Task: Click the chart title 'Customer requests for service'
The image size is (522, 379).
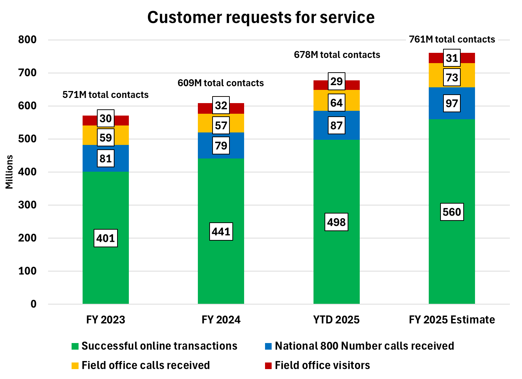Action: [261, 17]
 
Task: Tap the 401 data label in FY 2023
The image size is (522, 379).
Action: [106, 238]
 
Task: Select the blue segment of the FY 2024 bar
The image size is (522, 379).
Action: [206, 146]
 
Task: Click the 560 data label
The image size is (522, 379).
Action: [452, 212]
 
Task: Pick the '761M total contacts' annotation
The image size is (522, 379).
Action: [452, 39]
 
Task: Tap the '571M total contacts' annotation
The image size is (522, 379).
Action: [105, 95]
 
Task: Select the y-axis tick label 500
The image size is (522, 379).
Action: [27, 139]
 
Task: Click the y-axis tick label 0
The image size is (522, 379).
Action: [33, 304]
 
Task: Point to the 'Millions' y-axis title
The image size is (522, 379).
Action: [9, 172]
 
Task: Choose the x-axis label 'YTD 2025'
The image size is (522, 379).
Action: [336, 320]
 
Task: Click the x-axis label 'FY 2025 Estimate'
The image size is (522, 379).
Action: [452, 320]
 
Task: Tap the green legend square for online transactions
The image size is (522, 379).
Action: [75, 346]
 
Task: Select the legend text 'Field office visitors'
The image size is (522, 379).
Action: [322, 365]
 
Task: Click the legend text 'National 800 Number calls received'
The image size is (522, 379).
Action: [364, 346]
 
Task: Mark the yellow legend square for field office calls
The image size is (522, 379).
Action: [75, 366]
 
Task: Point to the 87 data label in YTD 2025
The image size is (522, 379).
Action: [336, 125]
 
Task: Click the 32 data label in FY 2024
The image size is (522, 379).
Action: [221, 106]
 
